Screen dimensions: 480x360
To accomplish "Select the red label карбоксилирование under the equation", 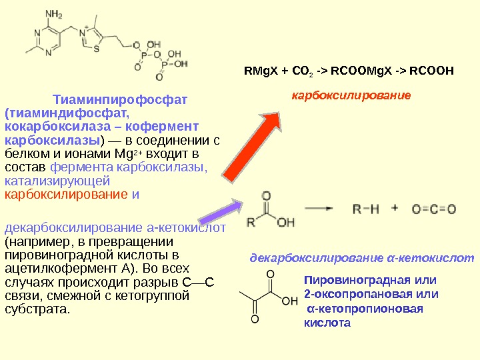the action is [351, 95].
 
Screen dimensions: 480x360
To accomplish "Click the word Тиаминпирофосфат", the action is [121, 100].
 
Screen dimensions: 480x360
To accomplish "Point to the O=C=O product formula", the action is [434, 209].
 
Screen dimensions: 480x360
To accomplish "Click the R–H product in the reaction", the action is [365, 209].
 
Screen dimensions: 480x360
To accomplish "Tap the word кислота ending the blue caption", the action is [327, 323].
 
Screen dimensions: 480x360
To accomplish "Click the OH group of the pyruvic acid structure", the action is [290, 301].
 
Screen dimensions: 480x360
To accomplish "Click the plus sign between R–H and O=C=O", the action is [395, 208].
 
